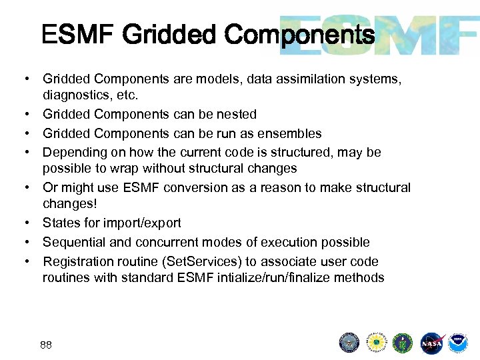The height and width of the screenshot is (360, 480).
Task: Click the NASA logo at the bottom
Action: (433, 343)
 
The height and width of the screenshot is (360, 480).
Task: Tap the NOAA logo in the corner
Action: (458, 343)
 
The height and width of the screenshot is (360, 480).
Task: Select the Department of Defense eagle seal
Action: (349, 343)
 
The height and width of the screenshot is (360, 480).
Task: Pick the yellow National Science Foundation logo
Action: (376, 343)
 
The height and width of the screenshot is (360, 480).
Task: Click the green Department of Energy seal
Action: (403, 343)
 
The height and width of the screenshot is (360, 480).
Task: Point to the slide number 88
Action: (46, 345)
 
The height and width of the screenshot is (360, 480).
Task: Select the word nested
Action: (237, 114)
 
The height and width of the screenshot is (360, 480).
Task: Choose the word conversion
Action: (181, 188)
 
